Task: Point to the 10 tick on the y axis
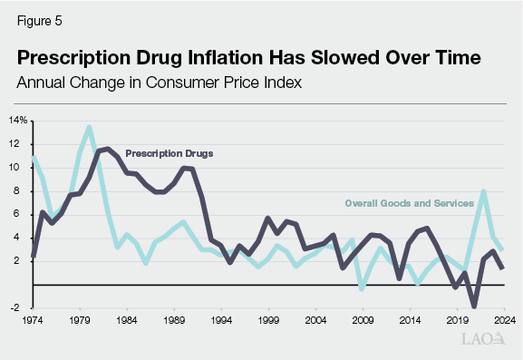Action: [23, 167]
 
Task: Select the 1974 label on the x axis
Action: [34, 319]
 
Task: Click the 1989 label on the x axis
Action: [175, 319]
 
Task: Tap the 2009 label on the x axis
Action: [362, 319]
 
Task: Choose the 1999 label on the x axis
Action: [268, 319]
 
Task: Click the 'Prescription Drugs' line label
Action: [169, 153]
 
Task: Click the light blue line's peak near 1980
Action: [89, 127]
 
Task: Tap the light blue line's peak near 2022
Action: [484, 191]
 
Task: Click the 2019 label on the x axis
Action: [455, 319]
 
